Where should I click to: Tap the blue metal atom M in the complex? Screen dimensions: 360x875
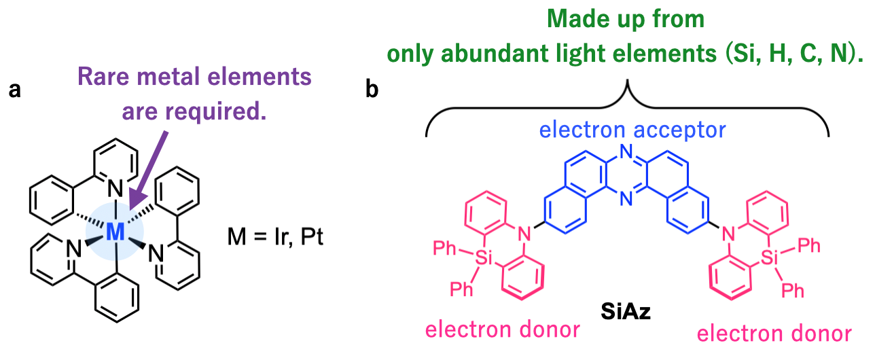116,232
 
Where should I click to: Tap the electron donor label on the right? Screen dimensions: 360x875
774,333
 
